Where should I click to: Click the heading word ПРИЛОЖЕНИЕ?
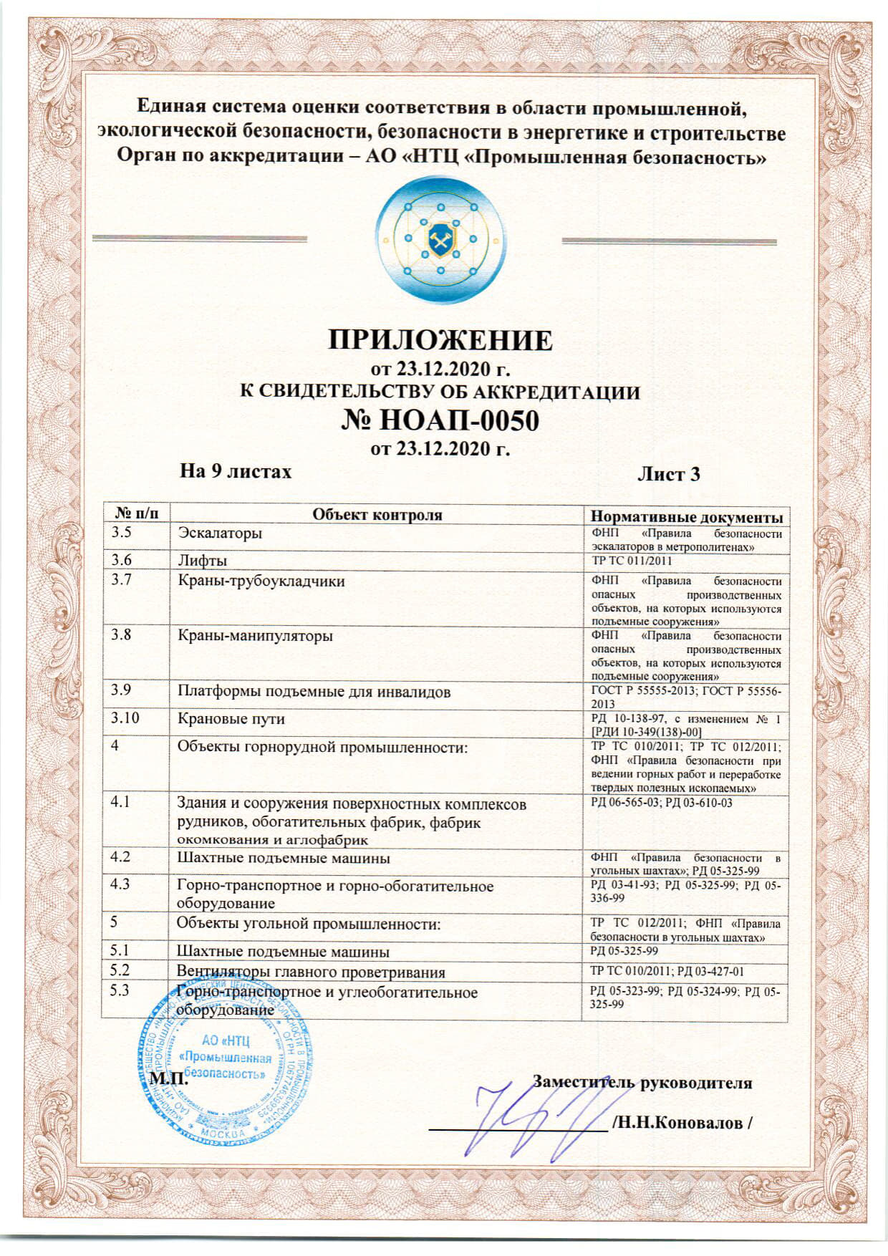point(440,340)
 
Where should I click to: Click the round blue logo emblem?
point(440,237)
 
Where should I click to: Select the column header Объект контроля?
point(377,515)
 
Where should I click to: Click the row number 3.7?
point(121,580)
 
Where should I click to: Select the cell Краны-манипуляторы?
point(255,636)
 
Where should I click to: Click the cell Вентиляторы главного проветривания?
point(311,972)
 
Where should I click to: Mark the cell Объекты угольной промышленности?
point(309,924)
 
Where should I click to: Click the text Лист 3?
point(668,474)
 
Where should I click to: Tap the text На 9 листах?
point(236,471)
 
